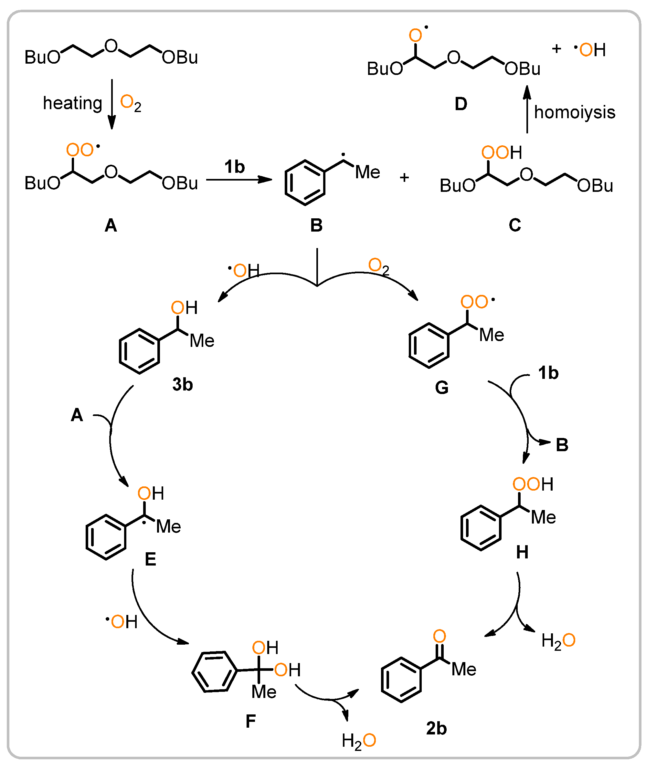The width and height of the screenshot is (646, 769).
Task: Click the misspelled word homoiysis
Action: pos(574,112)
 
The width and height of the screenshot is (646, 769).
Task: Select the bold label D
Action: pos(461,104)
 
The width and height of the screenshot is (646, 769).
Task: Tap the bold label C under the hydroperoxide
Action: pos(514,225)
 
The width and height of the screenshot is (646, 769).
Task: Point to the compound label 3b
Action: pos(183,384)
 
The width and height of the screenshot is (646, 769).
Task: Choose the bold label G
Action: pos(441,388)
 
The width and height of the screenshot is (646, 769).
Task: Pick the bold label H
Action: pos(522,552)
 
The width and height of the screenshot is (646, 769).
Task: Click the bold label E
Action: pos(151,559)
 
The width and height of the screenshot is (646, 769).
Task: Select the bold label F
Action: pos(251,722)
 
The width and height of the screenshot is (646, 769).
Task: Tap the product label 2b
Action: pos(436,728)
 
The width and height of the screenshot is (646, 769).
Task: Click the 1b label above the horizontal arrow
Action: pos(235,167)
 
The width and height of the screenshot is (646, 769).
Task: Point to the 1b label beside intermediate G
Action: pos(548,373)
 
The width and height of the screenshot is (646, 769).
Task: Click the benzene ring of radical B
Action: pos(305,183)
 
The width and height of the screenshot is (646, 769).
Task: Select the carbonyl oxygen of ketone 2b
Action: pos(439,636)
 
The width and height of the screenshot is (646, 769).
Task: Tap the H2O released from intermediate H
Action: pos(558,641)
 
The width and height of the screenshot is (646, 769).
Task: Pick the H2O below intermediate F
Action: pos(358,741)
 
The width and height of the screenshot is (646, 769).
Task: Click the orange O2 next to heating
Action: pos(131,103)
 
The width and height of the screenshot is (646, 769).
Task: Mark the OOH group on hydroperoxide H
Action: pos(533,484)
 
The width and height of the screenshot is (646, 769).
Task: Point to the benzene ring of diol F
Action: pos(215,671)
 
